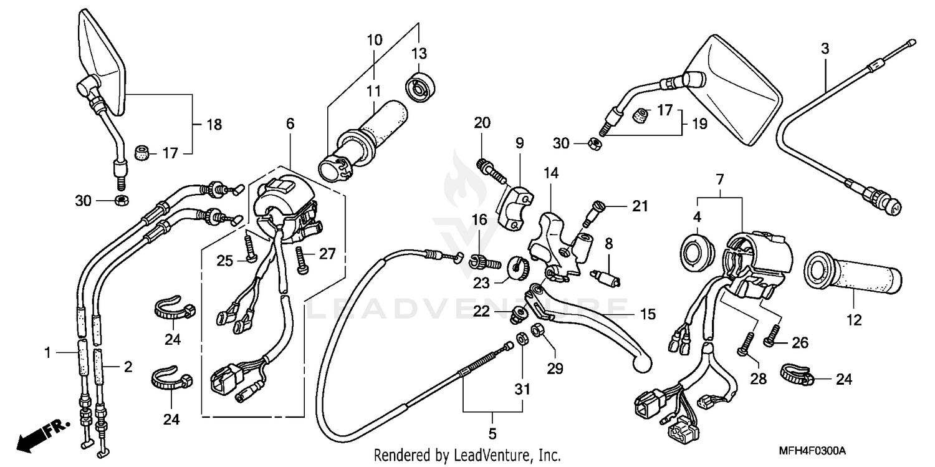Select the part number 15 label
[648, 314]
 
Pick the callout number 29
[554, 369]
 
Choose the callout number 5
[492, 432]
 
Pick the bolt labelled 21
[593, 212]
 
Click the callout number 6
[290, 124]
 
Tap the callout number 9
[519, 142]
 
